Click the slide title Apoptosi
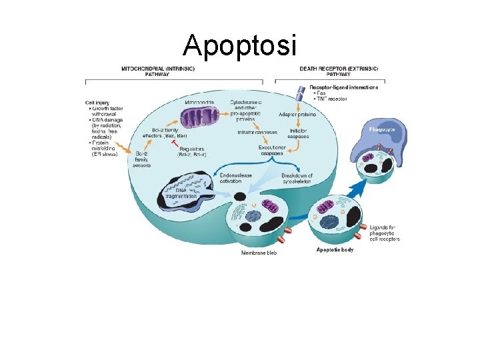point(239,45)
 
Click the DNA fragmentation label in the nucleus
point(181,193)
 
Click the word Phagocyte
point(383,128)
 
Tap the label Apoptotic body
point(335,250)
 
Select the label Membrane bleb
point(259,253)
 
